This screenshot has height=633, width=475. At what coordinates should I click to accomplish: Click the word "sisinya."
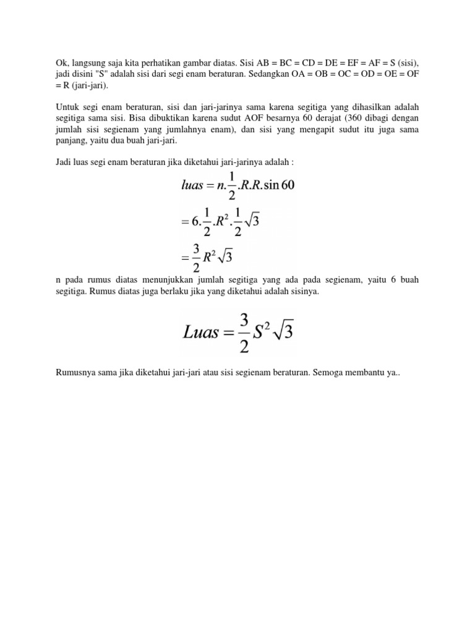303,291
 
